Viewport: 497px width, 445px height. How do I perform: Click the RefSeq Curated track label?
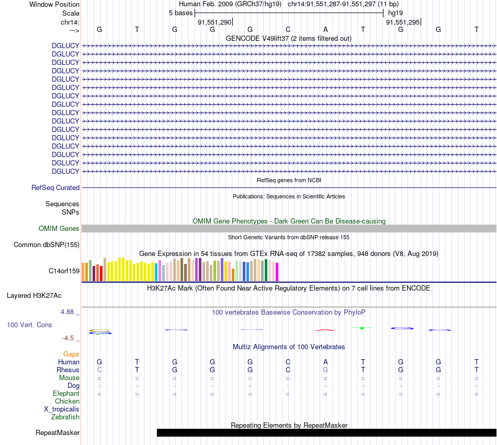coord(55,187)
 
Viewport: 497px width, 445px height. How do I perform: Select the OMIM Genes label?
coord(59,228)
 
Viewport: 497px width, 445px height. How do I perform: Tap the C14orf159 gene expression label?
coord(64,271)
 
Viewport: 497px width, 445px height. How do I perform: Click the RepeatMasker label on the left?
coord(58,432)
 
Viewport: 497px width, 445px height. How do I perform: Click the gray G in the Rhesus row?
coord(325,370)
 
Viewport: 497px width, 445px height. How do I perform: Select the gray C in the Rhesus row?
coord(99,370)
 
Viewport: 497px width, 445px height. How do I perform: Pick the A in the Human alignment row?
coord(325,362)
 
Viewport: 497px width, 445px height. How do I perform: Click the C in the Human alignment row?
coord(288,362)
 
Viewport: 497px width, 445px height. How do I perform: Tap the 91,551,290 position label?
coord(214,22)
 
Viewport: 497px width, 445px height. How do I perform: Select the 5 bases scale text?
coord(180,13)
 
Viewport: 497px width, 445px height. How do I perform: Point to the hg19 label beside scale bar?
coord(395,13)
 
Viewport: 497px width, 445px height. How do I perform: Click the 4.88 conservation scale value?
coord(69,312)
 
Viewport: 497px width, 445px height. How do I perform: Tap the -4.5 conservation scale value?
coord(69,338)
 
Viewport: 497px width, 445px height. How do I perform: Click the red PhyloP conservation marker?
coord(325,330)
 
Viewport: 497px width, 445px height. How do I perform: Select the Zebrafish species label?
coord(65,417)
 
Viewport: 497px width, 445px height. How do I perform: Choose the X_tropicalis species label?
coord(62,409)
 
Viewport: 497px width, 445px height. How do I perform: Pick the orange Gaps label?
coord(71,354)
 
